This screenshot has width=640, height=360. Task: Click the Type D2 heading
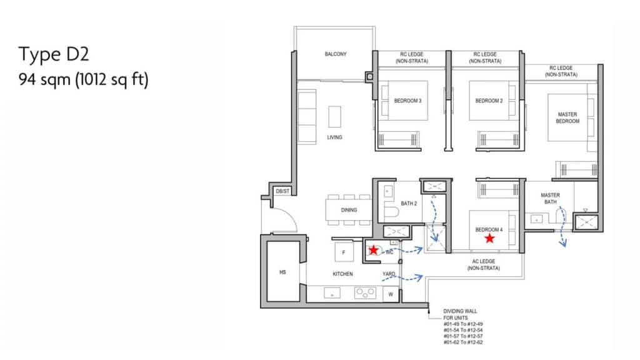click(54, 54)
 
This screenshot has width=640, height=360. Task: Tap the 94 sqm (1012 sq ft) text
click(84, 79)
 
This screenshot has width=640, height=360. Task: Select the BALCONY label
click(336, 54)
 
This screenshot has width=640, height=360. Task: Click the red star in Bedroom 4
click(489, 238)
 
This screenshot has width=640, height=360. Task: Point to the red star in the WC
click(374, 250)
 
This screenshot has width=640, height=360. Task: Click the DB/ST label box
click(282, 191)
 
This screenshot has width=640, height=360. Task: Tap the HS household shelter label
click(282, 272)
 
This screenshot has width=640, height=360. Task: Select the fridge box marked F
click(344, 252)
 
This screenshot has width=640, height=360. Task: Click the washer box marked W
click(391, 294)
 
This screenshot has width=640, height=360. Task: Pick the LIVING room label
click(334, 137)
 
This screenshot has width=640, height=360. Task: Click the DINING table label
click(349, 210)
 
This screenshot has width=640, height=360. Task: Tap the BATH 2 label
click(409, 203)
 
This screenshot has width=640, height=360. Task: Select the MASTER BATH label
click(550, 198)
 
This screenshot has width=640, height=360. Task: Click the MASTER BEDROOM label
click(567, 118)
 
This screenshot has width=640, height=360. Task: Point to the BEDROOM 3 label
click(407, 101)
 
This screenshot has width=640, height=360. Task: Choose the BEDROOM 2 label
click(489, 101)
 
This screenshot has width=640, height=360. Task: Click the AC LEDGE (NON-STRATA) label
click(484, 264)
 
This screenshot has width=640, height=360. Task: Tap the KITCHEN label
click(342, 274)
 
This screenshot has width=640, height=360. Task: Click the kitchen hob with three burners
click(365, 292)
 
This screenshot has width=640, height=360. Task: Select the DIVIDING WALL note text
click(463, 326)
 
